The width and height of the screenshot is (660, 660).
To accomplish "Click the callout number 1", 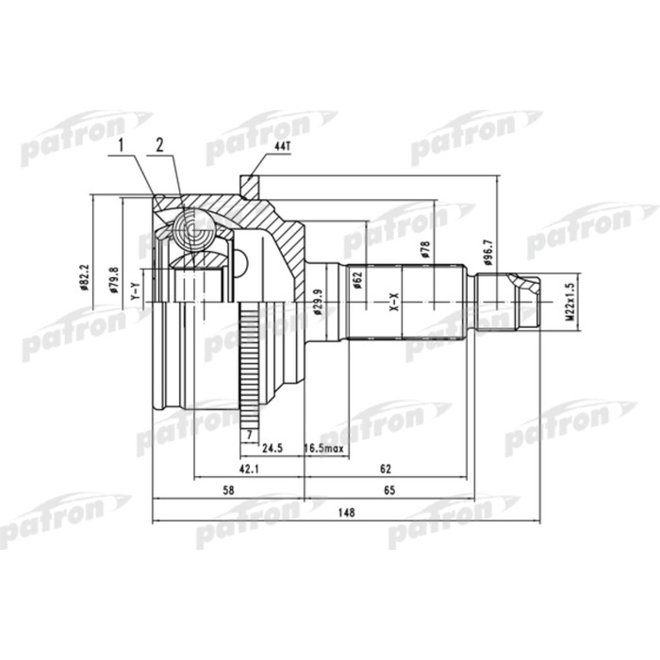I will [x=121, y=144].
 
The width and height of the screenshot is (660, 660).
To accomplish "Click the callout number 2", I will [x=160, y=144].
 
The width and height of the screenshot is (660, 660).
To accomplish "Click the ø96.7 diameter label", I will [x=487, y=250].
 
